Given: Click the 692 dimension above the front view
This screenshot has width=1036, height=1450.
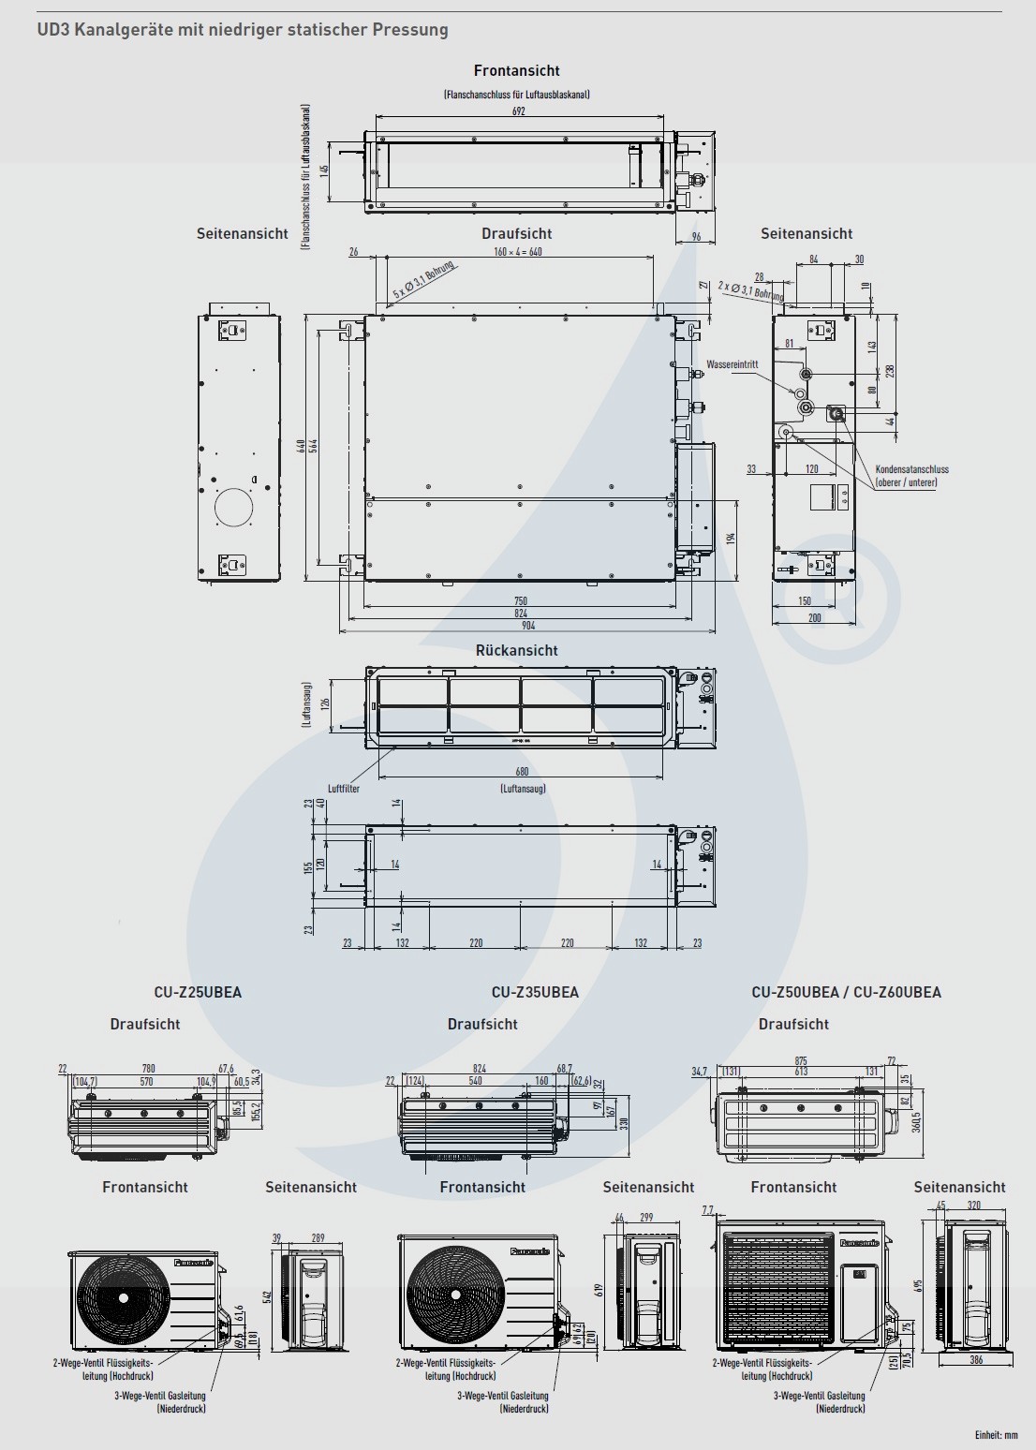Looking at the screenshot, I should [x=519, y=111].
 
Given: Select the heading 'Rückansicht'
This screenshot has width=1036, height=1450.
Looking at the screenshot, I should [x=516, y=650].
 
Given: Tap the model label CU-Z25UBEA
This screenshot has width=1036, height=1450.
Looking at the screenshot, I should [x=198, y=992].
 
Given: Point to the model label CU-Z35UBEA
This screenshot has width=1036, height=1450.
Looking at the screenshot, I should [x=535, y=992].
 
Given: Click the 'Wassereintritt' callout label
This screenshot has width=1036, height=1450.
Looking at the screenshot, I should [x=733, y=363].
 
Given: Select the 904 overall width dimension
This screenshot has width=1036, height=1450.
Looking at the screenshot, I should [x=520, y=626].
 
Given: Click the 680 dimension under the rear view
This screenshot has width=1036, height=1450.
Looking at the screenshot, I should [x=522, y=772].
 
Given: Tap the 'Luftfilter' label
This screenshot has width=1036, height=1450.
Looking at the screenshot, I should [x=344, y=789].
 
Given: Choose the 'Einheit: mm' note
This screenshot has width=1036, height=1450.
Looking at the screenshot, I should [x=996, y=1435].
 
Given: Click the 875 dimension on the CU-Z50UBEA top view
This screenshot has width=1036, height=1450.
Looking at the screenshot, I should [x=800, y=1060].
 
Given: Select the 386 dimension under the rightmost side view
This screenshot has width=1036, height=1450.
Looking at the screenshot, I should [x=976, y=1360].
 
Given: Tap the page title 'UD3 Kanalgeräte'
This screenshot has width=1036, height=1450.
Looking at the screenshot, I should [x=242, y=30].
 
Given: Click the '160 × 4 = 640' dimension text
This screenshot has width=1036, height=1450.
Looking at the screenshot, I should [x=518, y=252].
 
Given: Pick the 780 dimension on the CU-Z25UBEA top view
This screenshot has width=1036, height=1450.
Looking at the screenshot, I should [x=148, y=1068].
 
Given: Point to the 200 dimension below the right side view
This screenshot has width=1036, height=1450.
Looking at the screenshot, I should [x=814, y=618].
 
